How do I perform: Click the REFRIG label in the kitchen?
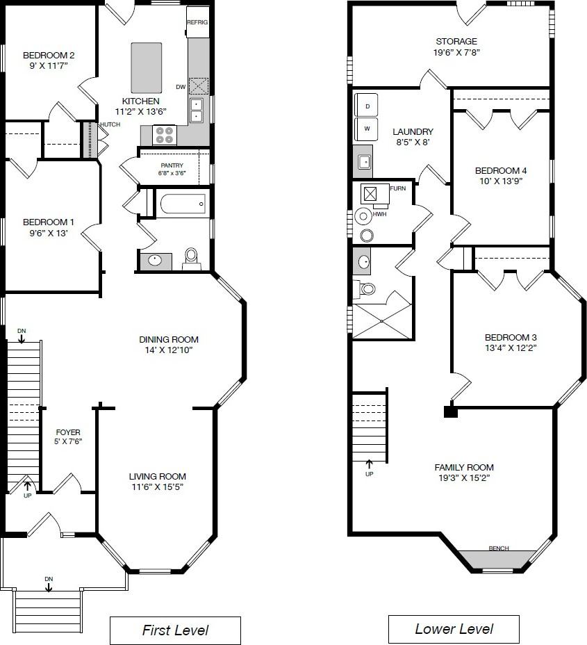pos(197,22)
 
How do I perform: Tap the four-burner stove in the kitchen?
pos(165,136)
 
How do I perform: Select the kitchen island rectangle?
pos(147,68)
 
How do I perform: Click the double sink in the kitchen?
pos(197,111)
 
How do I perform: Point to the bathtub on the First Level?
pos(183,204)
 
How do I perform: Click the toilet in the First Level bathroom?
pos(191,259)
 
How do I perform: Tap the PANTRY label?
pos(172,165)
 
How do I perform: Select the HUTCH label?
pos(110,124)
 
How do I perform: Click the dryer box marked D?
pos(366,106)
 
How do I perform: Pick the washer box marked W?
pos(366,129)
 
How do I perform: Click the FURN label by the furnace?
pos(397,188)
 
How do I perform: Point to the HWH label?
pos(379,214)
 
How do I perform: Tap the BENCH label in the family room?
pos(499,548)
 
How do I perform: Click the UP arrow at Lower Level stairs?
pos(369,464)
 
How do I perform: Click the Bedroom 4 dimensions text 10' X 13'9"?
pos(501,181)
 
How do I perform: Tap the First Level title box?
pos(175,630)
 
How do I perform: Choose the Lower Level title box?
pos(454,628)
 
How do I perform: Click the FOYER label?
pos(68,432)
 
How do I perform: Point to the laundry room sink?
pos(364,162)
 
